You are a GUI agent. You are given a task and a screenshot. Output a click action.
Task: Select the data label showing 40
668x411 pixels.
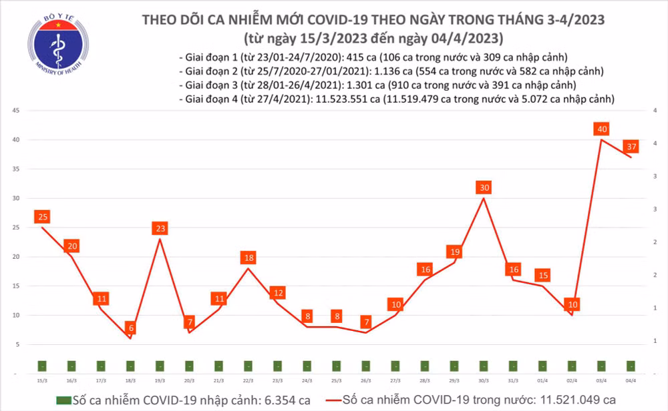point(603,129)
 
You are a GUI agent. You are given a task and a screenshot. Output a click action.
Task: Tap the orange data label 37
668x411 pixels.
point(631,146)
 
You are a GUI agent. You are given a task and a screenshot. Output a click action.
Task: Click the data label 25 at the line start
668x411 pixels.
point(43,217)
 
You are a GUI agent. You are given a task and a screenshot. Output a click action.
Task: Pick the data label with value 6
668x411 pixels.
point(130,328)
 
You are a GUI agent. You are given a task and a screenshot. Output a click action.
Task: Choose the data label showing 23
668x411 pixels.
point(160,228)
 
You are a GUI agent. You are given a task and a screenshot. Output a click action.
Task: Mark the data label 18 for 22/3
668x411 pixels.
point(248,258)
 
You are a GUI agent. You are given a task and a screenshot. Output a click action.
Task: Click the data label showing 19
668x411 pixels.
point(455,252)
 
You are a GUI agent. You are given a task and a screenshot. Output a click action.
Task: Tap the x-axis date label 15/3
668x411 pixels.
point(42,380)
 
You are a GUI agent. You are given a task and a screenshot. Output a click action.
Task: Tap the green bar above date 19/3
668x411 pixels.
point(160,366)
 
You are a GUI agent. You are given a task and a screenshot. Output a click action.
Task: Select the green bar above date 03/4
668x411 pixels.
point(602,366)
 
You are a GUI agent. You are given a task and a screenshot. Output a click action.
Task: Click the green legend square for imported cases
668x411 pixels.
point(63,399)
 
